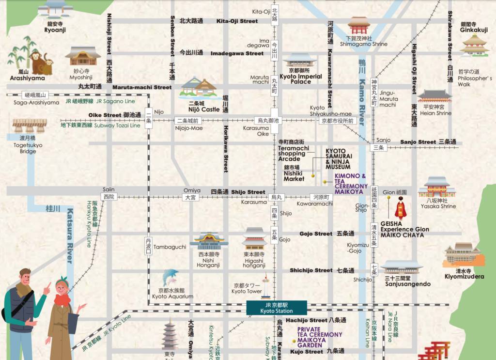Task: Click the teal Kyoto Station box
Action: click(276, 308)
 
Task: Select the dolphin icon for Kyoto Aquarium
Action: click(170, 278)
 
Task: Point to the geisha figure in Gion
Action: click(400, 209)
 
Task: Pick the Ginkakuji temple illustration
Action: click(474, 46)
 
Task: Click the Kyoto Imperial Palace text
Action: click(301, 79)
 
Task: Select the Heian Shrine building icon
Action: click(434, 96)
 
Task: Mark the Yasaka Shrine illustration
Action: click(436, 187)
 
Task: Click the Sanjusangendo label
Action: click(407, 284)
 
